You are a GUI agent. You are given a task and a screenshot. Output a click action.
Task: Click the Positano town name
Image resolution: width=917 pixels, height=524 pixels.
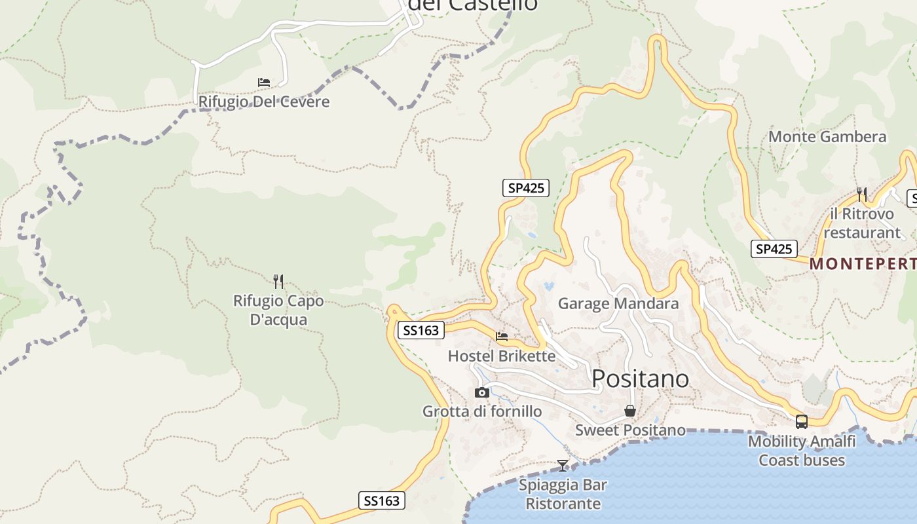tap(640, 379)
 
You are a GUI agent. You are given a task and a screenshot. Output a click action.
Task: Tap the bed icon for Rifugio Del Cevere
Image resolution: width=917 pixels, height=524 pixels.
tap(264, 83)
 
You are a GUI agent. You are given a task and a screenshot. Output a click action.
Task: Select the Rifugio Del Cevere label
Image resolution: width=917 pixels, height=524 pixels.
tap(264, 102)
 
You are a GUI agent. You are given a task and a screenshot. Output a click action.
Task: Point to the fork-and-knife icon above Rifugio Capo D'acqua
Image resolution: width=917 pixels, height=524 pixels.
tap(278, 282)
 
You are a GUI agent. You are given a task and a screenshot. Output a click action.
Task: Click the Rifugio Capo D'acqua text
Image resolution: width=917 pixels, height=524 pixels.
tap(278, 310)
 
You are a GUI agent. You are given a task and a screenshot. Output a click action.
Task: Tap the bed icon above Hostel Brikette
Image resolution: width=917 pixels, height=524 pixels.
tap(502, 337)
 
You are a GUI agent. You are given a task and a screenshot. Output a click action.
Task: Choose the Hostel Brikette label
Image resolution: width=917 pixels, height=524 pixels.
tap(502, 356)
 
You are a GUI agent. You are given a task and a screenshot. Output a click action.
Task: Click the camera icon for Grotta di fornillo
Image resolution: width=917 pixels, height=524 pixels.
tap(482, 392)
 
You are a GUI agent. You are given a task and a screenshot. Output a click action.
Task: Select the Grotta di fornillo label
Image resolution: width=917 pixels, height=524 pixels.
tap(482, 411)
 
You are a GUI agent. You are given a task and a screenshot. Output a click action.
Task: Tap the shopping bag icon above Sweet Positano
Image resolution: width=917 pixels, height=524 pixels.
tap(630, 411)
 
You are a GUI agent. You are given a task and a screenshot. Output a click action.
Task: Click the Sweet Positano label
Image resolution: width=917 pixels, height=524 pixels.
tap(630, 430)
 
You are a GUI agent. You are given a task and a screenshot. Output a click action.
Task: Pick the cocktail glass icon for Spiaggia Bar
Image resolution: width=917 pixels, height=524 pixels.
tap(563, 466)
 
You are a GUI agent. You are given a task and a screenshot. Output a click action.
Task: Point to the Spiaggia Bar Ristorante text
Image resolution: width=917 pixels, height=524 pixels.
tap(563, 495)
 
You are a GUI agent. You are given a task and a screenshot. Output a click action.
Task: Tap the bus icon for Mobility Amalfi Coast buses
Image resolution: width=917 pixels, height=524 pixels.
tap(802, 422)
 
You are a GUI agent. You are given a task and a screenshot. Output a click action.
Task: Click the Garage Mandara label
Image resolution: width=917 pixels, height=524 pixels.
tap(618, 304)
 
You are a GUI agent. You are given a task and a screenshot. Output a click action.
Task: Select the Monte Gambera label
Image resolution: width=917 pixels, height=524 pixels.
tap(827, 137)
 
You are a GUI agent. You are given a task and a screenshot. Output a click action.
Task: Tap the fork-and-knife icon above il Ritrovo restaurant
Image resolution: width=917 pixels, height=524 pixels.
tap(862, 194)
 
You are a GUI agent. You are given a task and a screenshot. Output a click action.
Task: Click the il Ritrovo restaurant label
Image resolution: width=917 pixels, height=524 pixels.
tap(862, 223)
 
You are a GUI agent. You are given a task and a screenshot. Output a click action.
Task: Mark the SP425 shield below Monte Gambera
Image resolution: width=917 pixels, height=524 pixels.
tap(774, 249)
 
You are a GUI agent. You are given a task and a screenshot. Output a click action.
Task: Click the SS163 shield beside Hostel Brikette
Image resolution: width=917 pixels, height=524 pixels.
tap(421, 331)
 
